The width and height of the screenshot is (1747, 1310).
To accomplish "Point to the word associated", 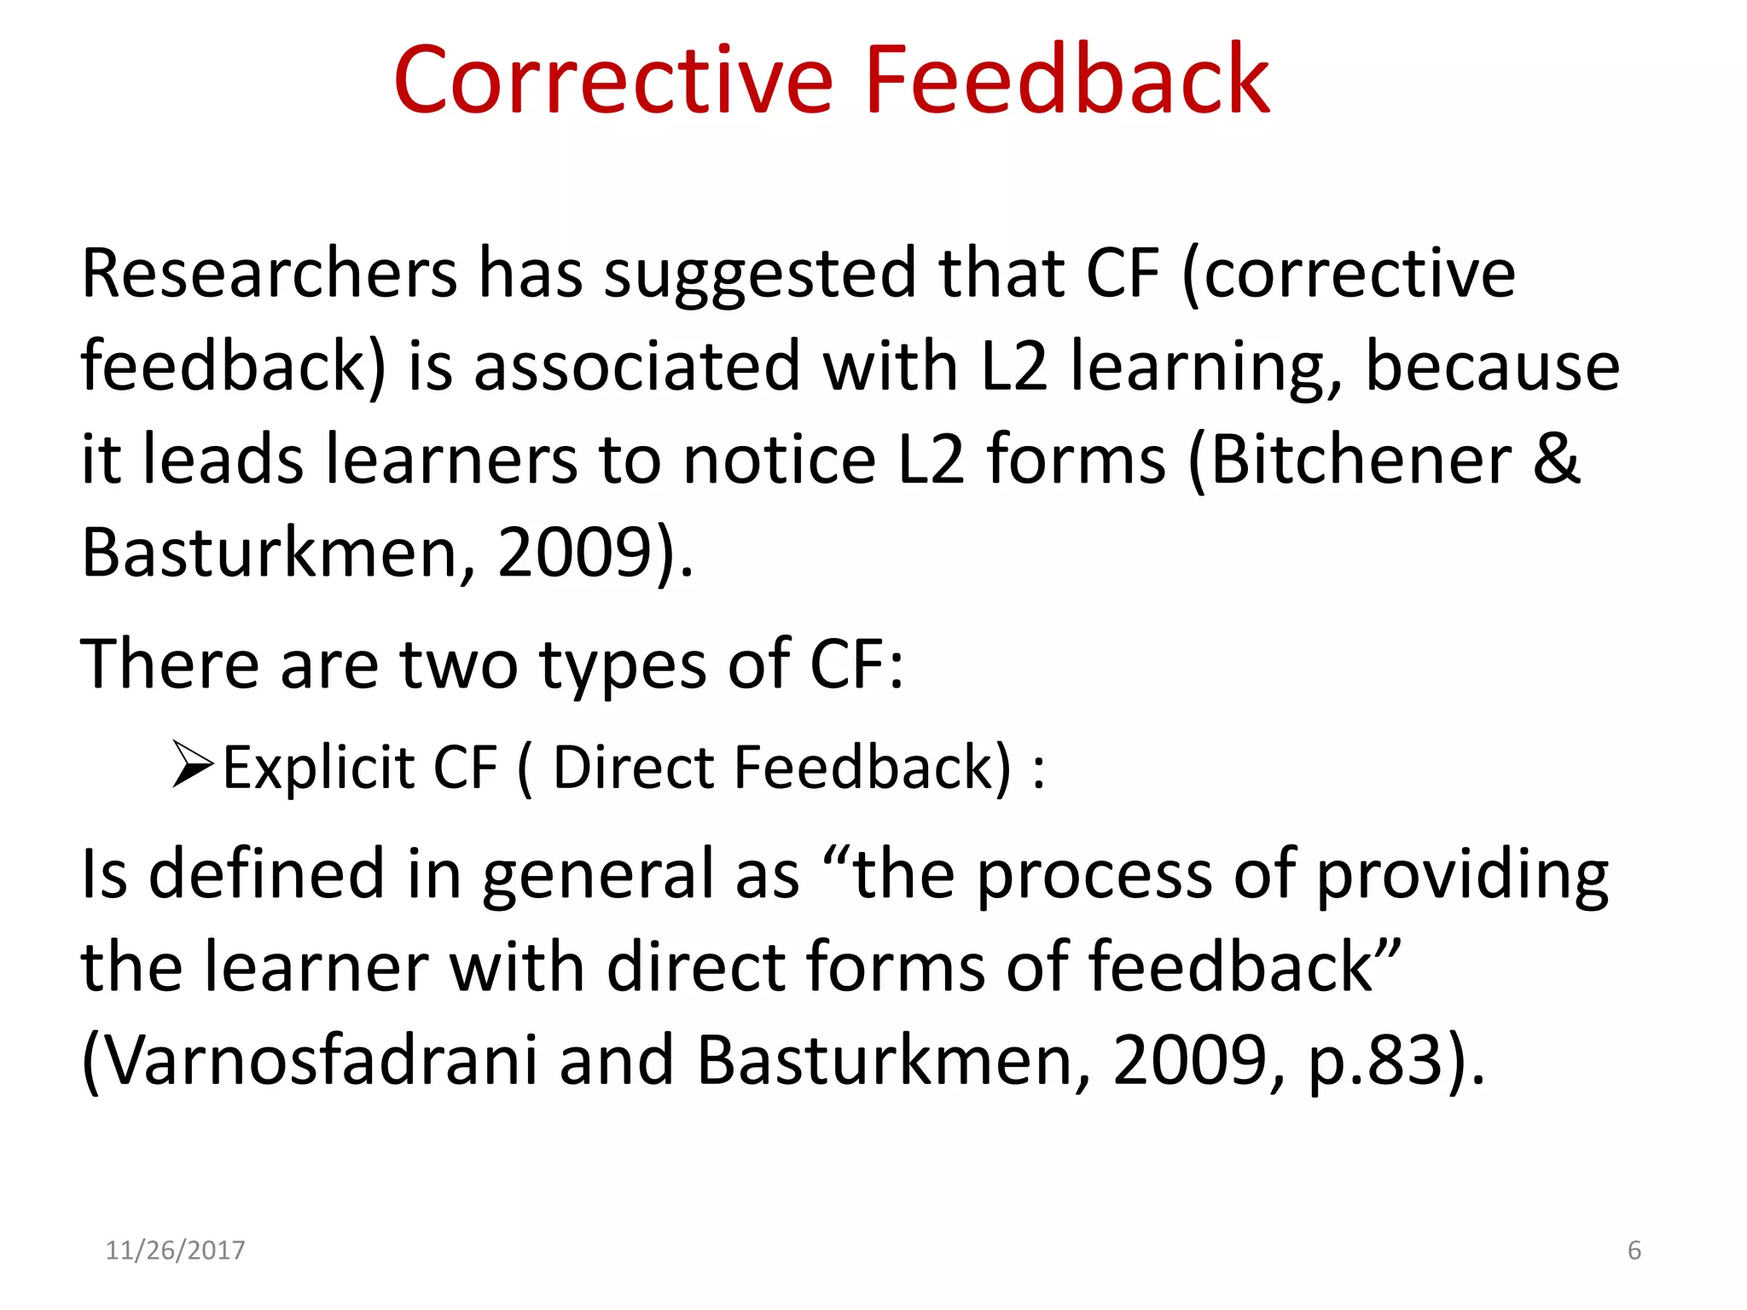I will coord(637,366).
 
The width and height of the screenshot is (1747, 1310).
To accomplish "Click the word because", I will coord(1492,366).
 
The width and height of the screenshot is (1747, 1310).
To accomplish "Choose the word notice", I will coord(780,460).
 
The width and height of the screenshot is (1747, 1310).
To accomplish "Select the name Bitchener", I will coord(1361,460).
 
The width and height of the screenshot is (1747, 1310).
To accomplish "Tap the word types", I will coord(623,666).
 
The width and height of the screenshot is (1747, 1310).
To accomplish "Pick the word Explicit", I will coord(317,768).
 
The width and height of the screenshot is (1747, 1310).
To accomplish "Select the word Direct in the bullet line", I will coord(633,768).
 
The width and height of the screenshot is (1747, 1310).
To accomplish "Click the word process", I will coord(1094,876).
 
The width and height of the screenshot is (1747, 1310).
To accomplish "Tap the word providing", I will coord(1462,876).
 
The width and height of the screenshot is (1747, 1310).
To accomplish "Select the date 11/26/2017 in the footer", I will coord(175,1250).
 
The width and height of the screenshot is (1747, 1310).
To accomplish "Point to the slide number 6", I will coord(1634,1250).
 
